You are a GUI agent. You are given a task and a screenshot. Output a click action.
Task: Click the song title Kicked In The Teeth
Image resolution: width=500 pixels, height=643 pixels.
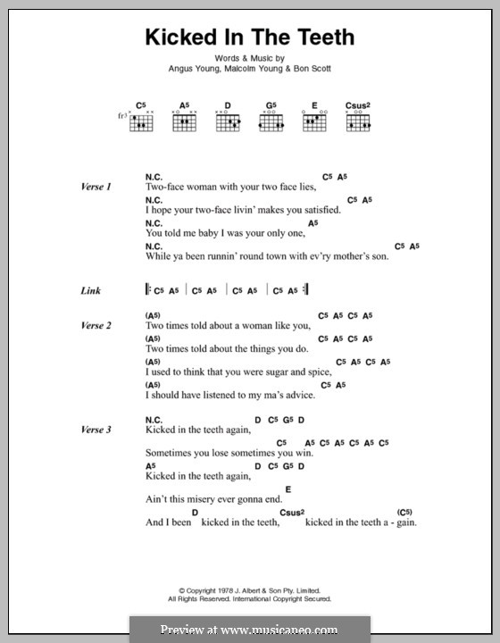(249, 37)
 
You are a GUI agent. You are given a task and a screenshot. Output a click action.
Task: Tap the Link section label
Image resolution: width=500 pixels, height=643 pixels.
(89, 290)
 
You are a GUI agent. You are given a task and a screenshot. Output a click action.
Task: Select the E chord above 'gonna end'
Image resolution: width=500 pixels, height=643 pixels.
(288, 488)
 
